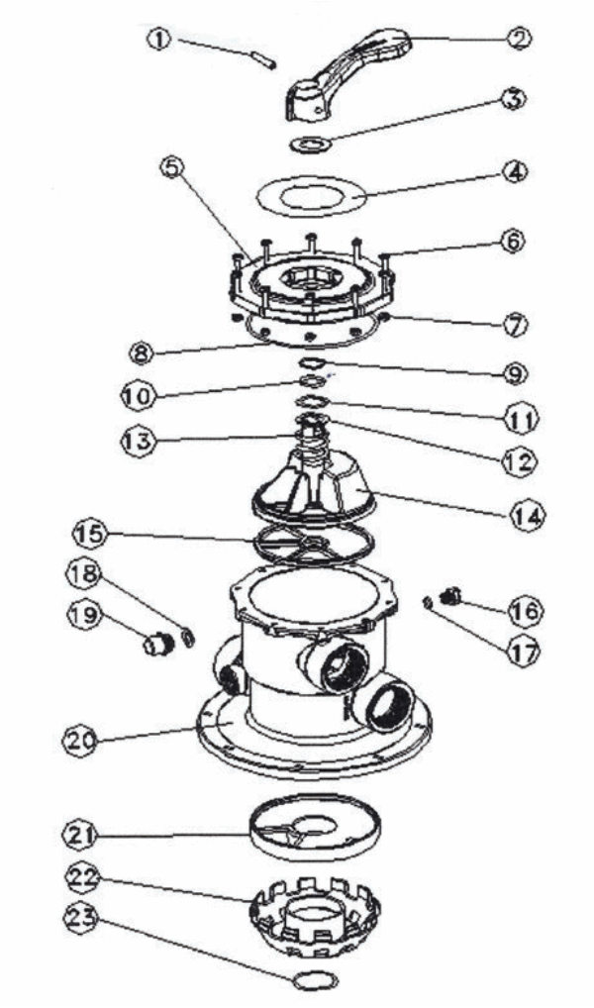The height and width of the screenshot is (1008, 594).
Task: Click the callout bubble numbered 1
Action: pos(159,41)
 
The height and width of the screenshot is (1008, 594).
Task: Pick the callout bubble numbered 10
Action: pos(138,394)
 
